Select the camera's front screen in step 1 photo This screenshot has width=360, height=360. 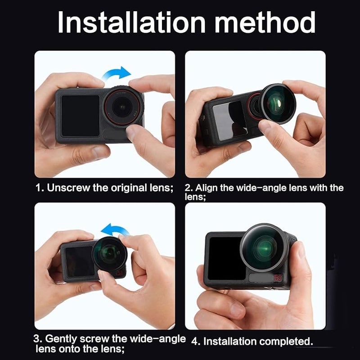tap(80, 116)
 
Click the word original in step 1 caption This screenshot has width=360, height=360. tap(128, 188)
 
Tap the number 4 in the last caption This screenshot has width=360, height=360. tap(194, 342)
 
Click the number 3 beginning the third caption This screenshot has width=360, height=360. tap(38, 339)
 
